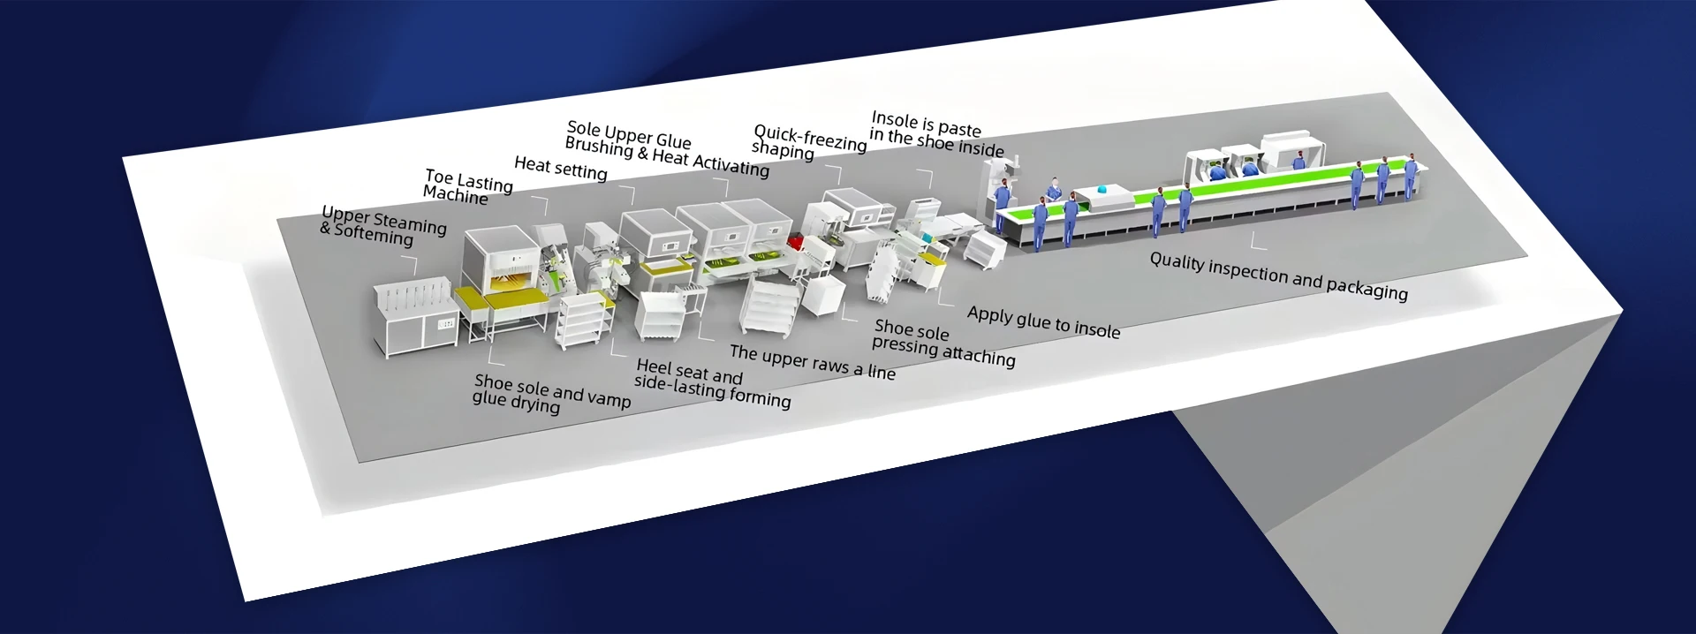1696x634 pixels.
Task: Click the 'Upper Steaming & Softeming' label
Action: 382,226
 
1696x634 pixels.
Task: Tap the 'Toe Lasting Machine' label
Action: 466,187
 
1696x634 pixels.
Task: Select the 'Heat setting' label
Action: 561,168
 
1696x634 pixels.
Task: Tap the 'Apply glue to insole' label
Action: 1043,322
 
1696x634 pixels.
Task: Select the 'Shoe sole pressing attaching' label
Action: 943,343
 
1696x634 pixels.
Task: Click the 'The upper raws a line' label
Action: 812,362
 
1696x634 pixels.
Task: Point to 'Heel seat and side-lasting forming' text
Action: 711,384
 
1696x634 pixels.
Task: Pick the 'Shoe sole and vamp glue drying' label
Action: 551,394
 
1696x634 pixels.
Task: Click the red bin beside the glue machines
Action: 795,241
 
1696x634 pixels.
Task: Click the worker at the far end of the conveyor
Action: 1410,175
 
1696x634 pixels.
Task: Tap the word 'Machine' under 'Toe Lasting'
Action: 455,195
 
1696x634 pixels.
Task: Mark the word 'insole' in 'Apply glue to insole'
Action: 1096,329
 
